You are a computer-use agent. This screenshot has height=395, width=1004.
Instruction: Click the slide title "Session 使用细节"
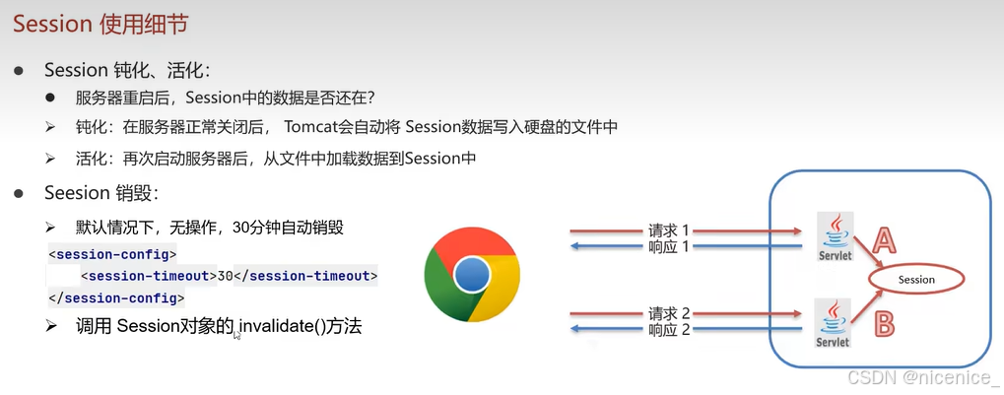click(x=100, y=25)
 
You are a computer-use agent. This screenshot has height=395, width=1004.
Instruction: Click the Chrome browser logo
click(x=472, y=275)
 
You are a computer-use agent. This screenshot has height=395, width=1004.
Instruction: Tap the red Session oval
click(x=916, y=280)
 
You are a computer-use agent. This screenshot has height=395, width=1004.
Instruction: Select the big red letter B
click(x=884, y=323)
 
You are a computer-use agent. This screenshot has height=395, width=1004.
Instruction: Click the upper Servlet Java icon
click(x=835, y=236)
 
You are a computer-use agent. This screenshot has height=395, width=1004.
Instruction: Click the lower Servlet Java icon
click(x=833, y=323)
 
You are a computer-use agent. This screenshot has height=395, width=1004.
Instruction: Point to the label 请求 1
click(x=668, y=230)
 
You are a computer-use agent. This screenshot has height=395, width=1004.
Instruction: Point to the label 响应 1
click(x=668, y=246)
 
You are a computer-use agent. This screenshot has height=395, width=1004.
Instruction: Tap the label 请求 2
click(x=668, y=313)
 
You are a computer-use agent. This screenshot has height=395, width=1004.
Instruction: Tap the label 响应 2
click(x=668, y=330)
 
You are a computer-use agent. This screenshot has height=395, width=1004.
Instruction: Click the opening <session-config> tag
click(x=112, y=254)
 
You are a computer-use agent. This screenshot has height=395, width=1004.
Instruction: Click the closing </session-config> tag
click(x=116, y=297)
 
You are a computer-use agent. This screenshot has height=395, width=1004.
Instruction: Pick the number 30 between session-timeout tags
click(x=226, y=276)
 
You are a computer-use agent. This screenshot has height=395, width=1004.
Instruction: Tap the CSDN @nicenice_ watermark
click(x=922, y=377)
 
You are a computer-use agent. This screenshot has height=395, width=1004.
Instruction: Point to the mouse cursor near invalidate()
click(x=236, y=335)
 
